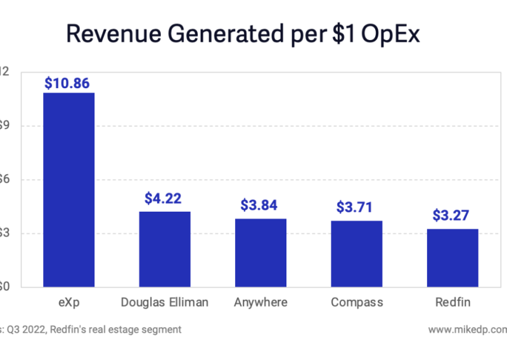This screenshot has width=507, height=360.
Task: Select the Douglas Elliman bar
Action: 164,249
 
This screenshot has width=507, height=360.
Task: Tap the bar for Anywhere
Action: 260,253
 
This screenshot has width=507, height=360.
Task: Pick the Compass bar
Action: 356,254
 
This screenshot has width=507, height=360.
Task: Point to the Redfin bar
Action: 452,258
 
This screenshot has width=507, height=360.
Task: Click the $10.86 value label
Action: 68,82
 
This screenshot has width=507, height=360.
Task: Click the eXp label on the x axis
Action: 68,302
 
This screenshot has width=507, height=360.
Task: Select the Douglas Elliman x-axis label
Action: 164,302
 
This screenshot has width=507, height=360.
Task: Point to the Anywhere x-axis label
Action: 260,302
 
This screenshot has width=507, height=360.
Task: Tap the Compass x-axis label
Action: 356,302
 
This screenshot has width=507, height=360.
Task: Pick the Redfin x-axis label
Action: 452,302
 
